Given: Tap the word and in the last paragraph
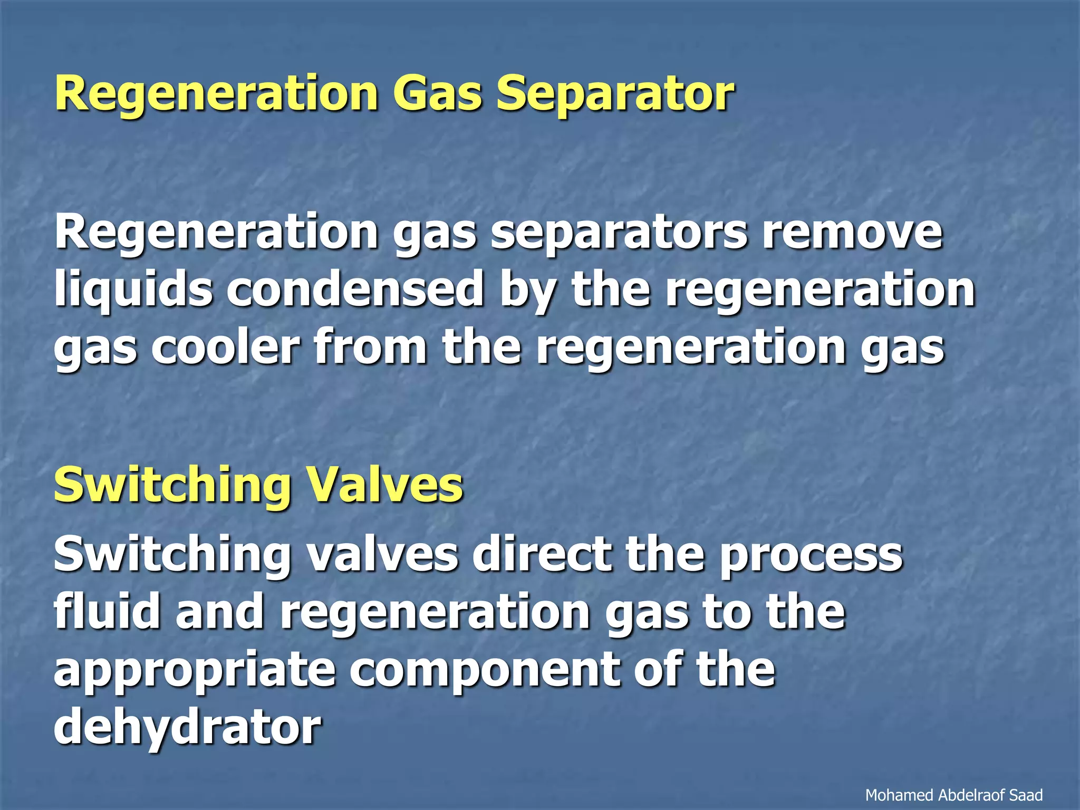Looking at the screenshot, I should [x=219, y=612].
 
